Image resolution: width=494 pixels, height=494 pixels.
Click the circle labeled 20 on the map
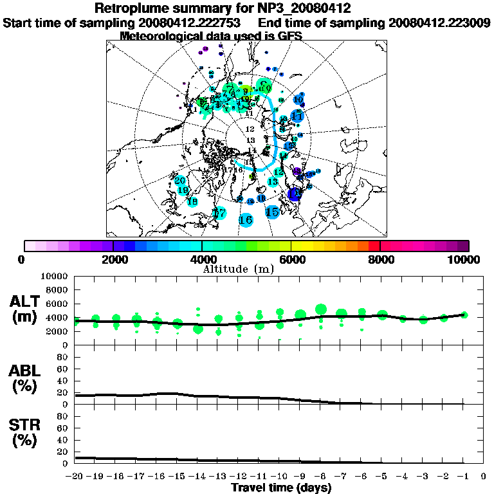click(x=181, y=181)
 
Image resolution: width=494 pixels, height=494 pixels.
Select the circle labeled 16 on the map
click(x=245, y=220)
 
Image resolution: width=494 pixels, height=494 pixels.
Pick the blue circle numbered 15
click(x=272, y=212)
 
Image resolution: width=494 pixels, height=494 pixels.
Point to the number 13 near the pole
click(x=251, y=140)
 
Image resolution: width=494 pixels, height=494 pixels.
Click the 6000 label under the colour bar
click(x=291, y=260)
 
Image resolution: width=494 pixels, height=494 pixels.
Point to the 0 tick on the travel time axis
click(x=484, y=477)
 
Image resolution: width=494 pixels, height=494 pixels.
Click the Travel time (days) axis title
click(x=280, y=488)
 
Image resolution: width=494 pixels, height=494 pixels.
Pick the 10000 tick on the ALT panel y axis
click(x=55, y=277)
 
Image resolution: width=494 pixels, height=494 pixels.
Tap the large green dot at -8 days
click(x=321, y=309)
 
